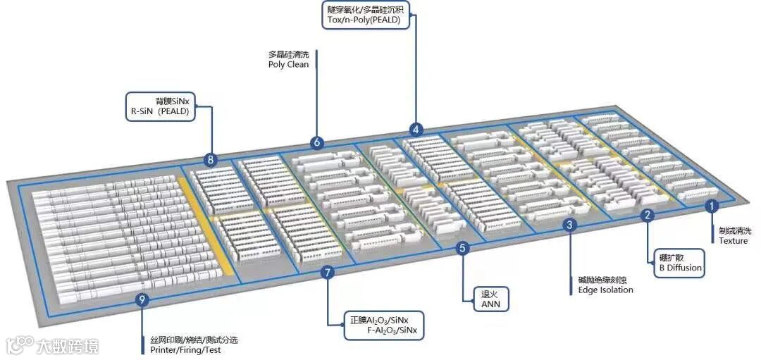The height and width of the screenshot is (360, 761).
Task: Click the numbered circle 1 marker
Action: click(x=712, y=206)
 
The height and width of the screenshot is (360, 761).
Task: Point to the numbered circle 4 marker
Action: click(x=416, y=130)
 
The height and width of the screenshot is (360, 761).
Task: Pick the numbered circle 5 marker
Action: click(x=462, y=248)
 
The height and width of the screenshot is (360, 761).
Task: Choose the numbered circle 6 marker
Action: click(x=316, y=142)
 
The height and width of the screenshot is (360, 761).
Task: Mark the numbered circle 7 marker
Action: click(x=326, y=273)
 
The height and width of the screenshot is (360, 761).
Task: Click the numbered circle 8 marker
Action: click(x=210, y=160)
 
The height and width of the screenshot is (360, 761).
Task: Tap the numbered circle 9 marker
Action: click(x=142, y=301)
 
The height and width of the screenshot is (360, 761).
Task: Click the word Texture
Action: click(x=734, y=241)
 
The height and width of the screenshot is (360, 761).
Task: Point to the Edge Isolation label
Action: click(x=605, y=290)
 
